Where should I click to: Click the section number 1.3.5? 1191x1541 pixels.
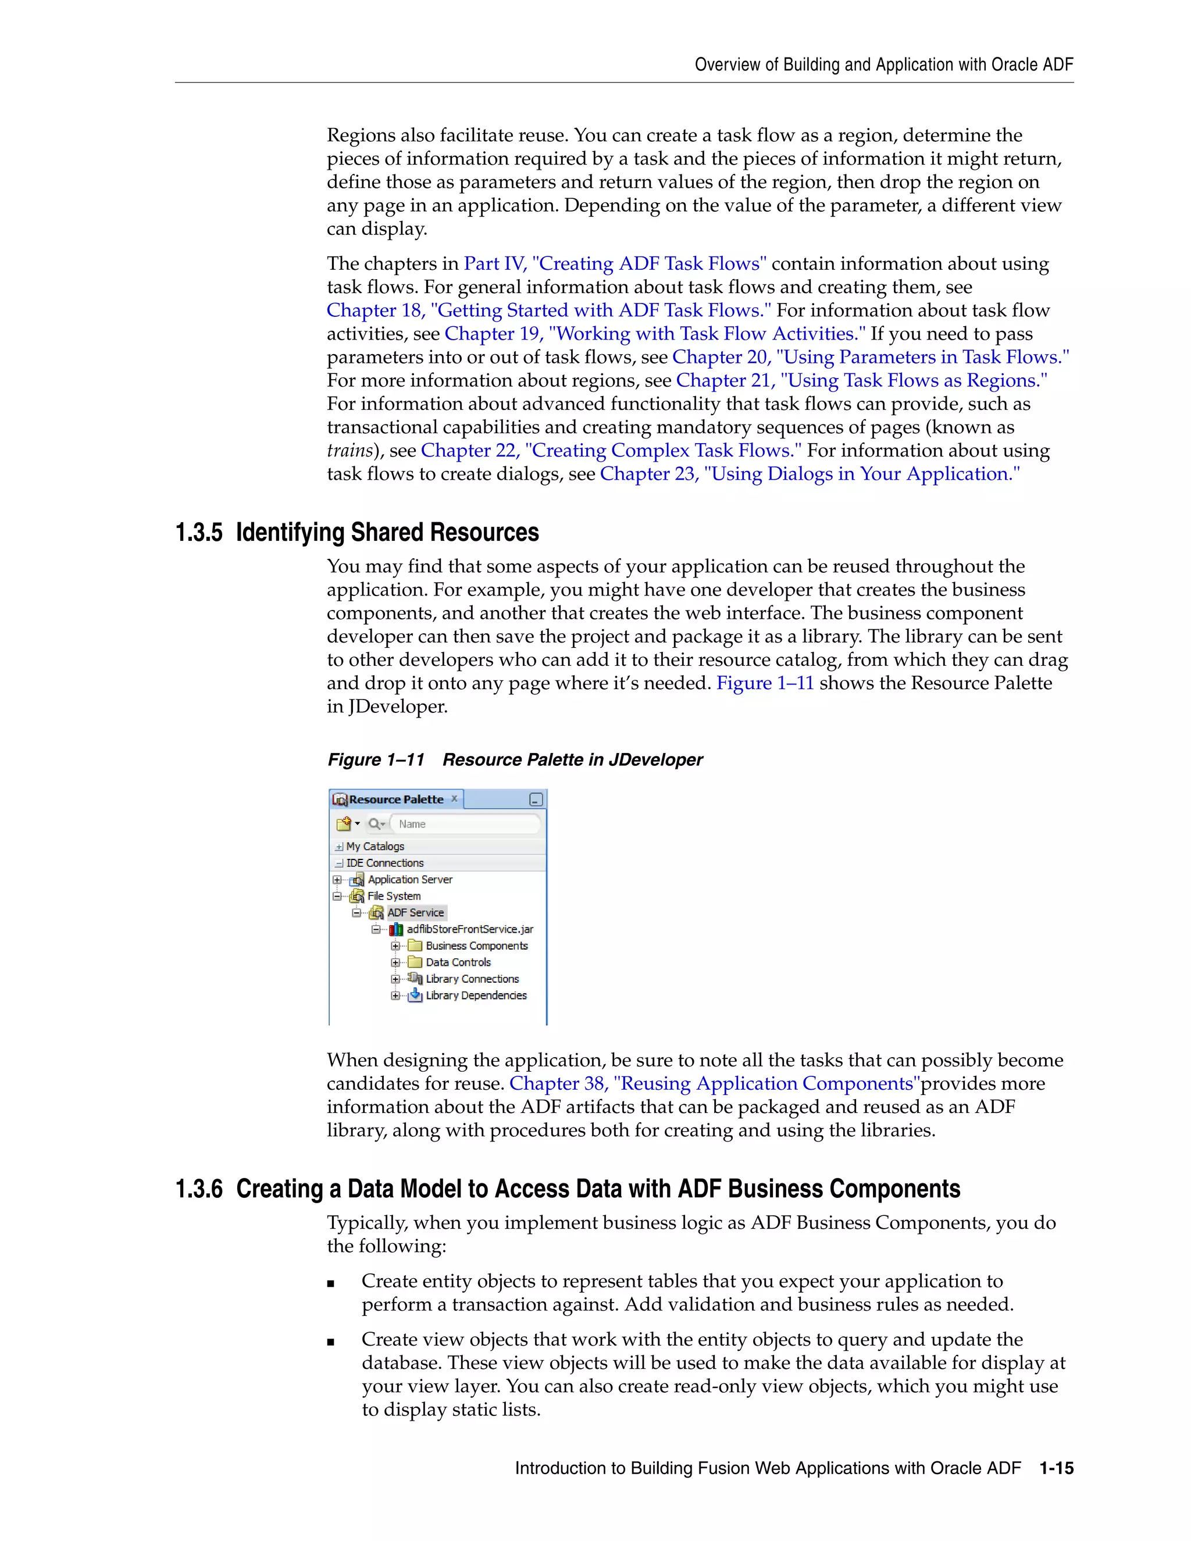tap(198, 533)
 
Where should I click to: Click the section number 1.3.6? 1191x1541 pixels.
tap(198, 1189)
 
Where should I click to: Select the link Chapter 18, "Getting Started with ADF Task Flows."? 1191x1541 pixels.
tap(548, 311)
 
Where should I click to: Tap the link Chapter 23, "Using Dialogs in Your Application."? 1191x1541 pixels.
tap(810, 474)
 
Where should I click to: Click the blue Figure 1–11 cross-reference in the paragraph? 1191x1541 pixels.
tap(765, 683)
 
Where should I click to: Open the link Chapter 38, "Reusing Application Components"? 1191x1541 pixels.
tap(714, 1084)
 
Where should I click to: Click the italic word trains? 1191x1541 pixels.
tap(350, 451)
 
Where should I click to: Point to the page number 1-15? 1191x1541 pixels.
tap(1056, 1468)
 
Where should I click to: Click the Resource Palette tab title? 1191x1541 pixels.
tap(396, 800)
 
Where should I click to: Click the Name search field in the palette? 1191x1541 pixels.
tap(466, 824)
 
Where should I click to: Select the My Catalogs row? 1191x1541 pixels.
tap(375, 847)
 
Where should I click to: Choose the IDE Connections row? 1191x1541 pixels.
tap(384, 863)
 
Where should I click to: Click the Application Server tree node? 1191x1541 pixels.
tap(410, 880)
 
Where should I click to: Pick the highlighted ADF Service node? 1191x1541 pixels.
tap(416, 913)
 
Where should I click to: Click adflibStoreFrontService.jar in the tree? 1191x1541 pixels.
tap(470, 929)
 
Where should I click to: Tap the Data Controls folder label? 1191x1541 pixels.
tap(458, 962)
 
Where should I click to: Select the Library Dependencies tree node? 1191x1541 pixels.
tap(476, 996)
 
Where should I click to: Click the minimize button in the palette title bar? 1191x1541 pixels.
tap(536, 800)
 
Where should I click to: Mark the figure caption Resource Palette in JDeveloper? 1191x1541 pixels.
tap(572, 760)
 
